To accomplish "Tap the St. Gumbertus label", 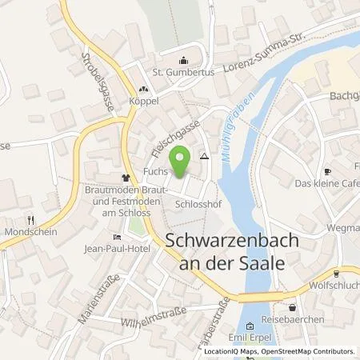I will (184, 73).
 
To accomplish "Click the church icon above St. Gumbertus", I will (185, 59).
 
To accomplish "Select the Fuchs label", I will (155, 172).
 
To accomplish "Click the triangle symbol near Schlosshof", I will (205, 158).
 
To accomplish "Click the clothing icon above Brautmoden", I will (125, 178).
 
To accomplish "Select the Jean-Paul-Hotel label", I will (118, 248).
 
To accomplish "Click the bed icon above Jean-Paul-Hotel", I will (118, 236).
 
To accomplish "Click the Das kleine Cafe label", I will (326, 184).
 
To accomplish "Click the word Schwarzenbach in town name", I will (226, 242).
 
